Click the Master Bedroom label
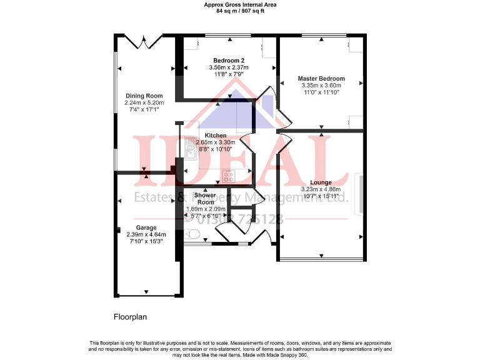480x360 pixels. [x=321, y=79]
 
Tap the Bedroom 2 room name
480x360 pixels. [x=228, y=60]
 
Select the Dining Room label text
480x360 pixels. [x=139, y=96]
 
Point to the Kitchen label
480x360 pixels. [x=216, y=136]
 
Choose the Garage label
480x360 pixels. [x=146, y=227]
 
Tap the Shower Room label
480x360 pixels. [x=205, y=199]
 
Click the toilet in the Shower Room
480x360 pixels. [x=191, y=234]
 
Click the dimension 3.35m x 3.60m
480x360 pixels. [x=321, y=86]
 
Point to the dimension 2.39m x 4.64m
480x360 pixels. [x=146, y=234]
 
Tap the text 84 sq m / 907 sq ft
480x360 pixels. [x=240, y=11]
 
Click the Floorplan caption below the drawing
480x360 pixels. [x=130, y=317]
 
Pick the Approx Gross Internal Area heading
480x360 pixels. [x=240, y=4]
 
